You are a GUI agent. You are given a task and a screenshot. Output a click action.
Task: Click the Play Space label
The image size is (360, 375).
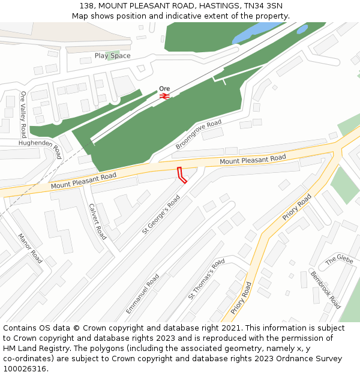point(112,56)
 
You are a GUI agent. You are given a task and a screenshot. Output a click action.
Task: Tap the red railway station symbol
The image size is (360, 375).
point(164,95)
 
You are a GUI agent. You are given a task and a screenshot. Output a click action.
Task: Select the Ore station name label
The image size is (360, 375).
point(164,88)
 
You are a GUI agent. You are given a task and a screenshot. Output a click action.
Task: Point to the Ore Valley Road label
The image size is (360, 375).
point(23,114)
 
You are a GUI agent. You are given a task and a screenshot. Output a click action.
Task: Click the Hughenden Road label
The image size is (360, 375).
point(40,148)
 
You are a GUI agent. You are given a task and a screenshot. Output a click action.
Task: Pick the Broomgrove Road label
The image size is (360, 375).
point(199,134)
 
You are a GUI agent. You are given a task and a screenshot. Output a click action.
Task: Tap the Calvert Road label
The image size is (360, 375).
point(97,221)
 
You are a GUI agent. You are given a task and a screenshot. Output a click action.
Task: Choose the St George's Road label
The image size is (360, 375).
point(161,214)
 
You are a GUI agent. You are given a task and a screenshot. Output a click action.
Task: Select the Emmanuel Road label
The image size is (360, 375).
point(142,294)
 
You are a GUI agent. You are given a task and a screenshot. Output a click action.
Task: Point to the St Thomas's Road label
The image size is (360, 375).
point(206,279)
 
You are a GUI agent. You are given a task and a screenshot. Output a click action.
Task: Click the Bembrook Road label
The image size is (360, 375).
point(325,290)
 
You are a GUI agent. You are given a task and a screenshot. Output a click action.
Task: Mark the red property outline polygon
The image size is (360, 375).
point(182,175)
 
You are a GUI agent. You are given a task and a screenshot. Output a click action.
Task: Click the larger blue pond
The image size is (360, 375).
point(257,34)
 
